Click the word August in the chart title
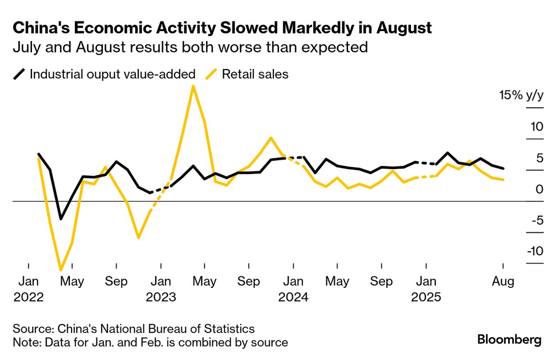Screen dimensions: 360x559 (404, 28)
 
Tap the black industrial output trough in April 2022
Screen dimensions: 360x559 (61, 219)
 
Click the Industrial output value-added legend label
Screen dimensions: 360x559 (112, 74)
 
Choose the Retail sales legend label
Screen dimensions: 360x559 (255, 74)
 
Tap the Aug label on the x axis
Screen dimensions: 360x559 (503, 281)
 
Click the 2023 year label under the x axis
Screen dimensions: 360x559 (161, 297)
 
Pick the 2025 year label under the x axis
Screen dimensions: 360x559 (426, 297)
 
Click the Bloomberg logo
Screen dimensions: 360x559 (509, 340)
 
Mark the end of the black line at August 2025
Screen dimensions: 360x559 (503, 168)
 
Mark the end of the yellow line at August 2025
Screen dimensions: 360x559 (503, 180)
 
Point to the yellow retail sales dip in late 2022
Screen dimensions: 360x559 (138, 238)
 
